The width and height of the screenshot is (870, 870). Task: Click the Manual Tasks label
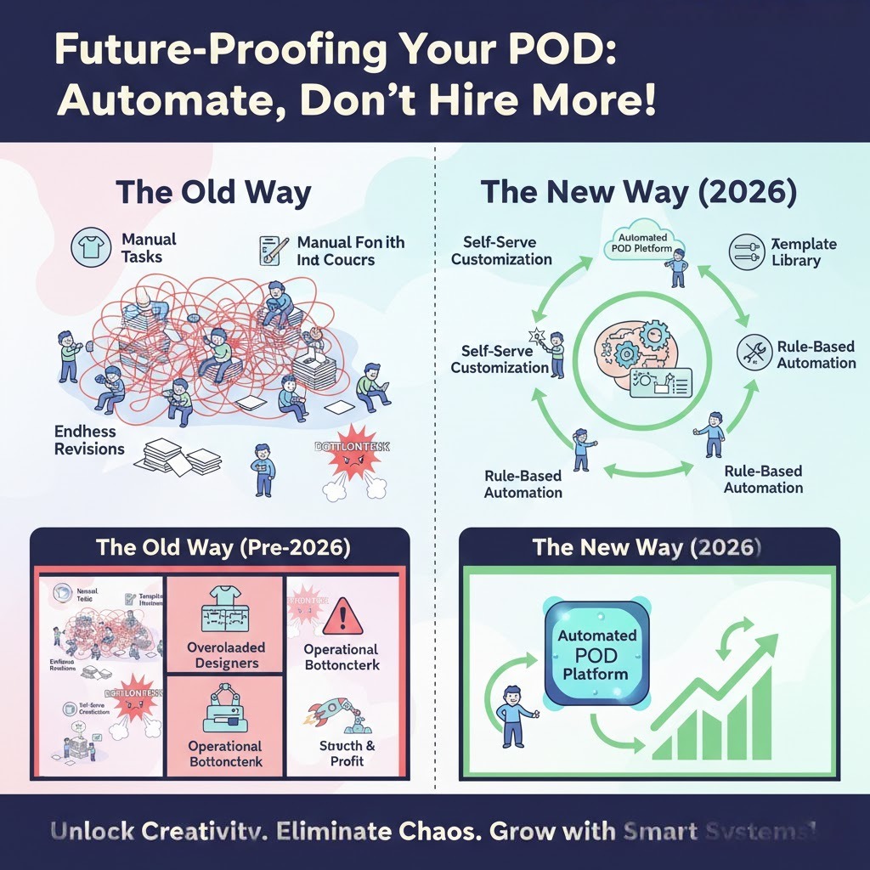[x=149, y=249]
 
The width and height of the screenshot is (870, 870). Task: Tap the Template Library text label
[x=804, y=252]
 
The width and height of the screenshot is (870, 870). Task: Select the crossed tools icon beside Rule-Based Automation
[x=752, y=354]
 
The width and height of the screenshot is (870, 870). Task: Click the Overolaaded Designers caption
[x=225, y=655]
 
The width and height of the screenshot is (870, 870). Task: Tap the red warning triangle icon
[x=342, y=613]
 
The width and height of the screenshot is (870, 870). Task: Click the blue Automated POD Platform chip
[x=597, y=654]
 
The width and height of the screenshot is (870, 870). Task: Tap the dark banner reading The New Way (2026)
[x=647, y=546]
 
